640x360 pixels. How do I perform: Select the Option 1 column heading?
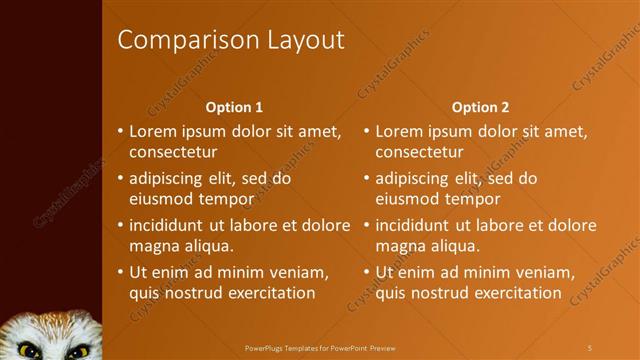[x=234, y=106]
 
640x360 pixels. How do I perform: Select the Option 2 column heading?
[x=480, y=106]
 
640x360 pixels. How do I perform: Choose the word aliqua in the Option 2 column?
[x=453, y=246]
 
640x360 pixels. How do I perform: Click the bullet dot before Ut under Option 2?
[x=366, y=272]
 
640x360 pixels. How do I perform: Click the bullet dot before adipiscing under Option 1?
[x=120, y=178]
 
